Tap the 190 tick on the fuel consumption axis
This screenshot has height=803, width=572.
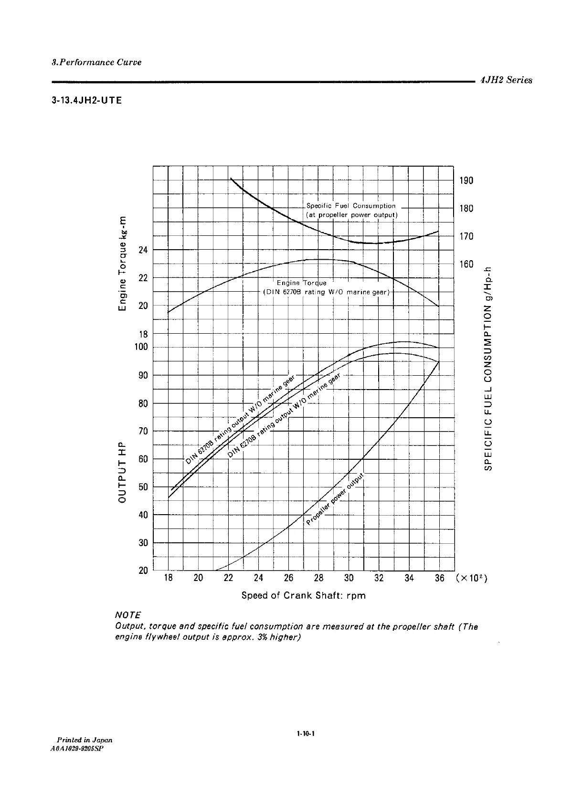(466, 180)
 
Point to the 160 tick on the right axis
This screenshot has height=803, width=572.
(466, 264)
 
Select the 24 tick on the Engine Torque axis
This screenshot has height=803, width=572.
(143, 250)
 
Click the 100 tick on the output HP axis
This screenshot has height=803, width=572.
(141, 347)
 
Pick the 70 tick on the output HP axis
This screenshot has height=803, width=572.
(143, 431)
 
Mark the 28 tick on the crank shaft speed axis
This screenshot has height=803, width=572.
(318, 578)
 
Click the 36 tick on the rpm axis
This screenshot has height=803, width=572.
(439, 578)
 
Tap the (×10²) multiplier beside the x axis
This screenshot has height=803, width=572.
(471, 578)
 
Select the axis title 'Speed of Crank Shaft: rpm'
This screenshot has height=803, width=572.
(303, 595)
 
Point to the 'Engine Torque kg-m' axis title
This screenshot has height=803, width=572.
(124, 263)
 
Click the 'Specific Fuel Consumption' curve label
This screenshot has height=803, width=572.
(351, 206)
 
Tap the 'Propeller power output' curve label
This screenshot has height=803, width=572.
(336, 500)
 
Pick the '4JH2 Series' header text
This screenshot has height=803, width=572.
(506, 80)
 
